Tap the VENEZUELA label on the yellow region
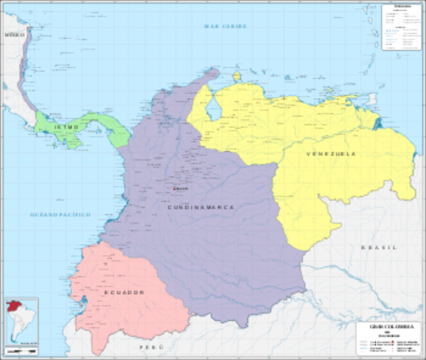(x=331, y=154)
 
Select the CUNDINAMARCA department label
(x=200, y=206)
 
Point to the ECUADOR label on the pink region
(x=124, y=292)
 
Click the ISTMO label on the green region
(x=45, y=129)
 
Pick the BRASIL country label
(x=379, y=247)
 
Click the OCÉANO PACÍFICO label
(x=59, y=214)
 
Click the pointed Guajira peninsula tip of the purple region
(x=215, y=71)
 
